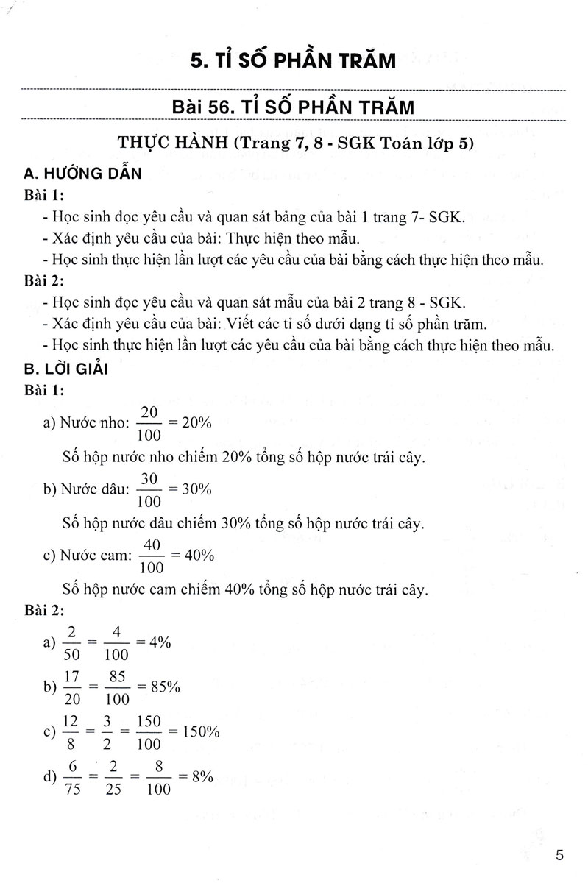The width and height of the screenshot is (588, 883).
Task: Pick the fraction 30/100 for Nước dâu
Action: pyautogui.click(x=150, y=489)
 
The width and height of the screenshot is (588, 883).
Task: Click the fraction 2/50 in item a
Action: pyautogui.click(x=71, y=643)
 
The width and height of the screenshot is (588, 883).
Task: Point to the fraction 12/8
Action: pyautogui.click(x=71, y=732)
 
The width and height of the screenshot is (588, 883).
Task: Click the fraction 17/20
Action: pyautogui.click(x=71, y=687)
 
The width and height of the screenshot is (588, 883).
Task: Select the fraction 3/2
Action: pyautogui.click(x=111, y=732)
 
